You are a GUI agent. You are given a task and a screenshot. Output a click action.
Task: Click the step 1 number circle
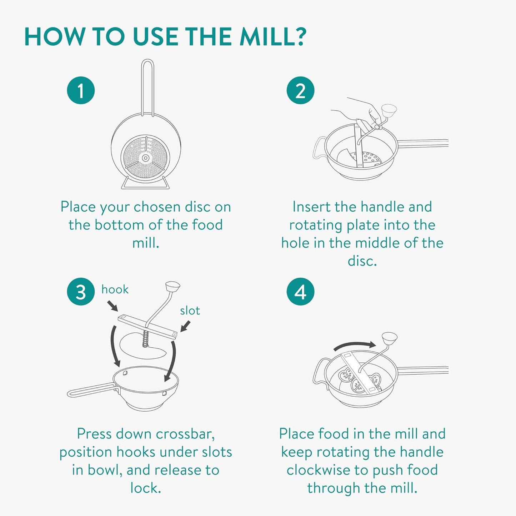(x=81, y=90)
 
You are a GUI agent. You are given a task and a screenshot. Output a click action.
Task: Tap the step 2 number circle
(x=300, y=90)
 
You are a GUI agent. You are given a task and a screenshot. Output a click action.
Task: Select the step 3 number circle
(x=81, y=291)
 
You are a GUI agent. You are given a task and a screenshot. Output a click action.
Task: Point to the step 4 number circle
(x=300, y=291)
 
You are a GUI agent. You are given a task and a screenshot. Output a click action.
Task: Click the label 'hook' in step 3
(x=115, y=289)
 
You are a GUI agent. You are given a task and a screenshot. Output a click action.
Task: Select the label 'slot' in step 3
(x=190, y=311)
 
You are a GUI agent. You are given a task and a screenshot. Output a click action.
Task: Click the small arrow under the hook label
(x=113, y=306)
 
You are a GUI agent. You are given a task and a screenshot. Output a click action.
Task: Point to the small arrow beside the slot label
(x=185, y=326)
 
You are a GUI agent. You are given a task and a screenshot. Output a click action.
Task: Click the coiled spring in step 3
(x=145, y=338)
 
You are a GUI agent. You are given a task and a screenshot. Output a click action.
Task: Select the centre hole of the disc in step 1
(x=145, y=158)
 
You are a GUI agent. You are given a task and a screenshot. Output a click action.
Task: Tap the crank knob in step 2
(x=389, y=111)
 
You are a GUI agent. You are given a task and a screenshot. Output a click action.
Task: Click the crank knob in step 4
(x=389, y=339)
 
